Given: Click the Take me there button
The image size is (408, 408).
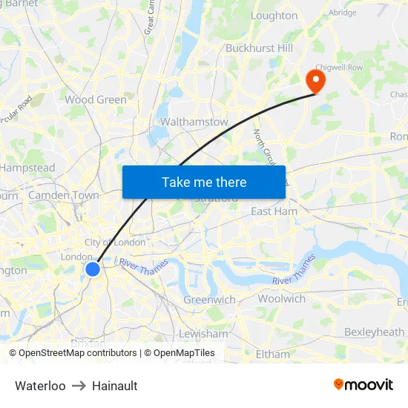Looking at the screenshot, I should [204, 182].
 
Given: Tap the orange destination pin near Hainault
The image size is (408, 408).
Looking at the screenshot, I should [315, 80].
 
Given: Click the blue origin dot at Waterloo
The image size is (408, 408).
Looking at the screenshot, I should [93, 269].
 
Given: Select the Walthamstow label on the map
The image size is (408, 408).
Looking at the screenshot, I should [194, 122].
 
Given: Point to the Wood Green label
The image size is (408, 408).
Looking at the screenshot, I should [96, 99].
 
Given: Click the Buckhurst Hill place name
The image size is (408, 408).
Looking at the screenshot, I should [260, 48].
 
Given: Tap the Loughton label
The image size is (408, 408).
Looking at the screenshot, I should [274, 16].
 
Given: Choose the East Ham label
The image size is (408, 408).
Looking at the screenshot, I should [274, 211].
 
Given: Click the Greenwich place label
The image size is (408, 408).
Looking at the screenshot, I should [209, 300].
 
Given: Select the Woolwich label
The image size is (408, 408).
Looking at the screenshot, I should [281, 298].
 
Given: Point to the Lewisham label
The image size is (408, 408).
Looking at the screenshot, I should [203, 334].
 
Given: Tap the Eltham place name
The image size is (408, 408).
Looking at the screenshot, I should [272, 354].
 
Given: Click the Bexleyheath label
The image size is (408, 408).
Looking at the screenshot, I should [375, 332].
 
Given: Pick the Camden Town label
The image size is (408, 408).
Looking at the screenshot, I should [64, 195].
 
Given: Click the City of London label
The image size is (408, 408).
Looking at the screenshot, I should [115, 243].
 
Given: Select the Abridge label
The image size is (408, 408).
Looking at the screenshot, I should [343, 13].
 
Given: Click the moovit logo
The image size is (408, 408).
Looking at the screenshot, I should [363, 384].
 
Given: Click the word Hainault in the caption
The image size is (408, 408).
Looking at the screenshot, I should [115, 386].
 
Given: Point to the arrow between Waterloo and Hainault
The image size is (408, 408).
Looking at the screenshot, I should [79, 386].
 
